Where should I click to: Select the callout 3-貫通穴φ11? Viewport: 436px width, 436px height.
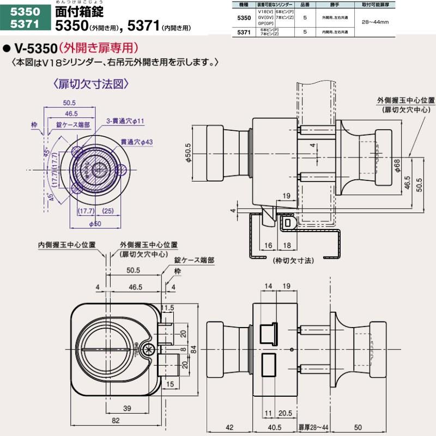click(x=125, y=120)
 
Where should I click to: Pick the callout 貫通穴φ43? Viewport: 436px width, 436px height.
click(x=136, y=142)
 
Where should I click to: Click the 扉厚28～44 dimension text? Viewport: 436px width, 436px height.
click(x=313, y=426)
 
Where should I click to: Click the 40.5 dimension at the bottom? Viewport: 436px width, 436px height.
click(x=274, y=426)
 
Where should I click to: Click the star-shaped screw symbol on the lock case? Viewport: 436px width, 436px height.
click(x=148, y=349)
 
